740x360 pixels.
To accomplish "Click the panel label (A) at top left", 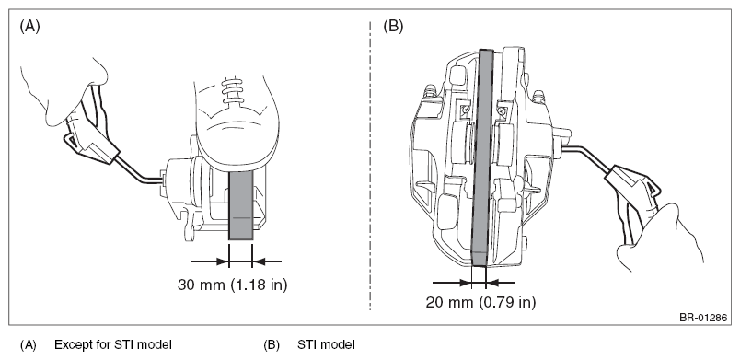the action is click(x=29, y=27).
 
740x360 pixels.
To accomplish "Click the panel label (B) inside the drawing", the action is click(x=393, y=27).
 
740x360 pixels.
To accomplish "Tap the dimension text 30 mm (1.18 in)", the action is click(x=233, y=285).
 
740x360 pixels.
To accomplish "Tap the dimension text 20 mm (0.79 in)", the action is click(x=480, y=302).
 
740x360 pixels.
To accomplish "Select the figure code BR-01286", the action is click(x=703, y=318).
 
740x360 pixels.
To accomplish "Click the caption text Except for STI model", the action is click(x=113, y=344).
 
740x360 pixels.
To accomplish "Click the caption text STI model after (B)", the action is click(x=326, y=344).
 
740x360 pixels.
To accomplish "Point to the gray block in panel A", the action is click(x=241, y=205).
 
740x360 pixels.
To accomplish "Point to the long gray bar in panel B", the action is click(x=483, y=157).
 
